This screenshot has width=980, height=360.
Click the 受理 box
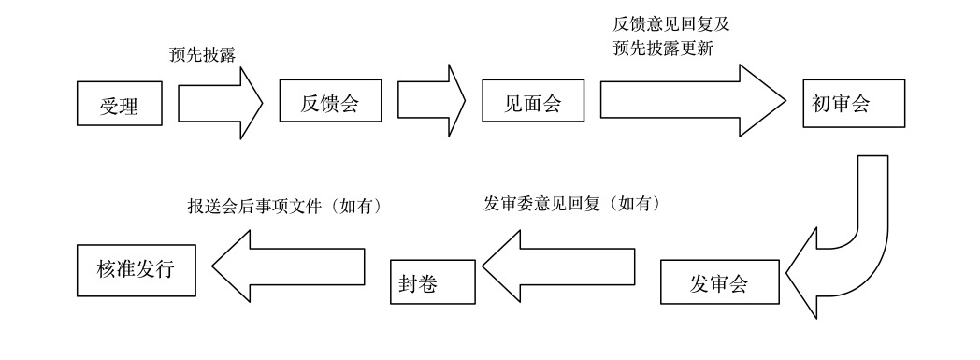point(120,103)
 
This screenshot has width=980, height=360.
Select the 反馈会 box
point(331,101)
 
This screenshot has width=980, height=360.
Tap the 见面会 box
point(534,101)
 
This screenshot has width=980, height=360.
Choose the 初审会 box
point(851,104)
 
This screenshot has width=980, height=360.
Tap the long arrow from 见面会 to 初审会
point(692,101)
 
